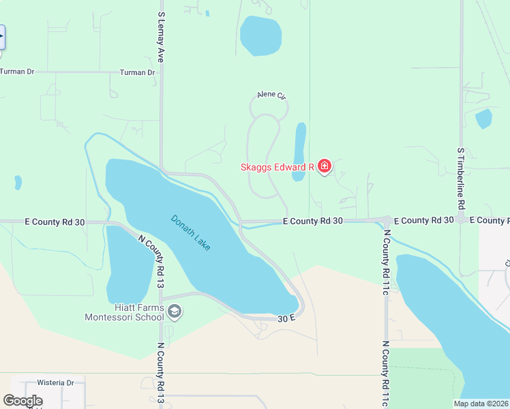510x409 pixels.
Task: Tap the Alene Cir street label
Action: [271, 95]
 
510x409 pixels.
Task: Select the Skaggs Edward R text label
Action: [276, 166]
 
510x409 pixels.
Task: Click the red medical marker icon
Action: [325, 166]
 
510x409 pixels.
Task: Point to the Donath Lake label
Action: [190, 232]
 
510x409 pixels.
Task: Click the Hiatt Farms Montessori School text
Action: [124, 312]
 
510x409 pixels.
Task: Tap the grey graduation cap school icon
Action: [175, 312]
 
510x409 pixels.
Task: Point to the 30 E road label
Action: [286, 318]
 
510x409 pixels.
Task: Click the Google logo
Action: [23, 401]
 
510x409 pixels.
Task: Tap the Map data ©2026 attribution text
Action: [481, 404]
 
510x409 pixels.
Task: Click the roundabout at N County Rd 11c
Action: [387, 221]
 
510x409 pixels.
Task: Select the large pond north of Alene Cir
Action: [260, 35]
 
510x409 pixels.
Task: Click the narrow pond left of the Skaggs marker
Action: [299, 152]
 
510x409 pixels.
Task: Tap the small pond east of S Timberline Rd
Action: [483, 118]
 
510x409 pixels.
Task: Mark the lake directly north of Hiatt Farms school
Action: [129, 262]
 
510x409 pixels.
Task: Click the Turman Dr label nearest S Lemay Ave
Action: [137, 72]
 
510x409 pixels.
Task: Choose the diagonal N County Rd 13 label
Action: [151, 256]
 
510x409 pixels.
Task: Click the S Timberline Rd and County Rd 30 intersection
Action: [462, 220]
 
